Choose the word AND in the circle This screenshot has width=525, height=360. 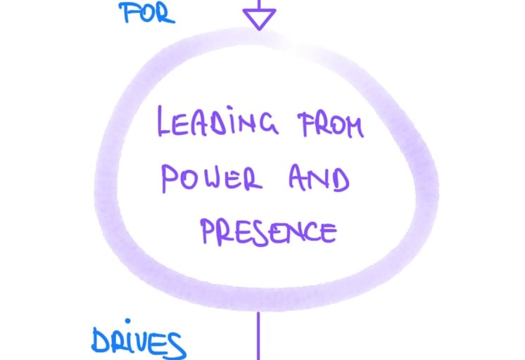click(x=317, y=178)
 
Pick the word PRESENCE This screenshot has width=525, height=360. click(x=265, y=229)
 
